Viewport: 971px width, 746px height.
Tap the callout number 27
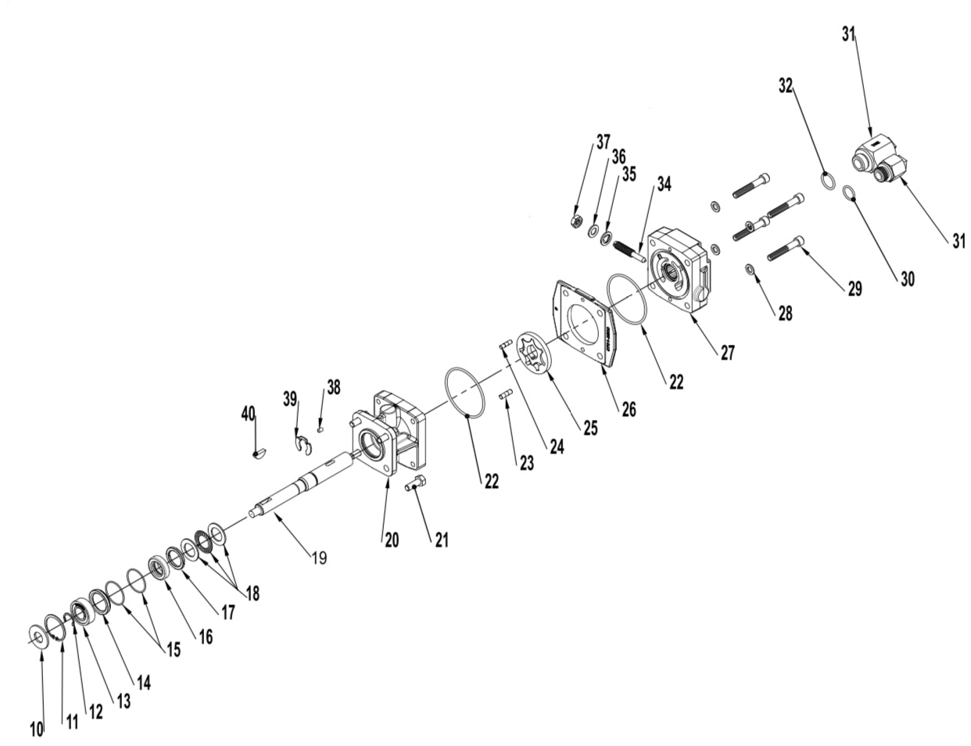(x=727, y=353)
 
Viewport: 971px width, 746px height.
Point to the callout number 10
(x=37, y=730)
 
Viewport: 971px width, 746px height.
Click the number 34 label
(x=664, y=185)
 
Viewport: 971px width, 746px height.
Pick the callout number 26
(x=629, y=408)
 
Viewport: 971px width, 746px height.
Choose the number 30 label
(x=907, y=278)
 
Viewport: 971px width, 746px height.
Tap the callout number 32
(x=786, y=85)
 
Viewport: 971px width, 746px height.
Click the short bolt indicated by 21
(x=416, y=484)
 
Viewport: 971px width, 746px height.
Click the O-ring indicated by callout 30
(x=851, y=194)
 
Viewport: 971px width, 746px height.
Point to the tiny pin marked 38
(x=321, y=427)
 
